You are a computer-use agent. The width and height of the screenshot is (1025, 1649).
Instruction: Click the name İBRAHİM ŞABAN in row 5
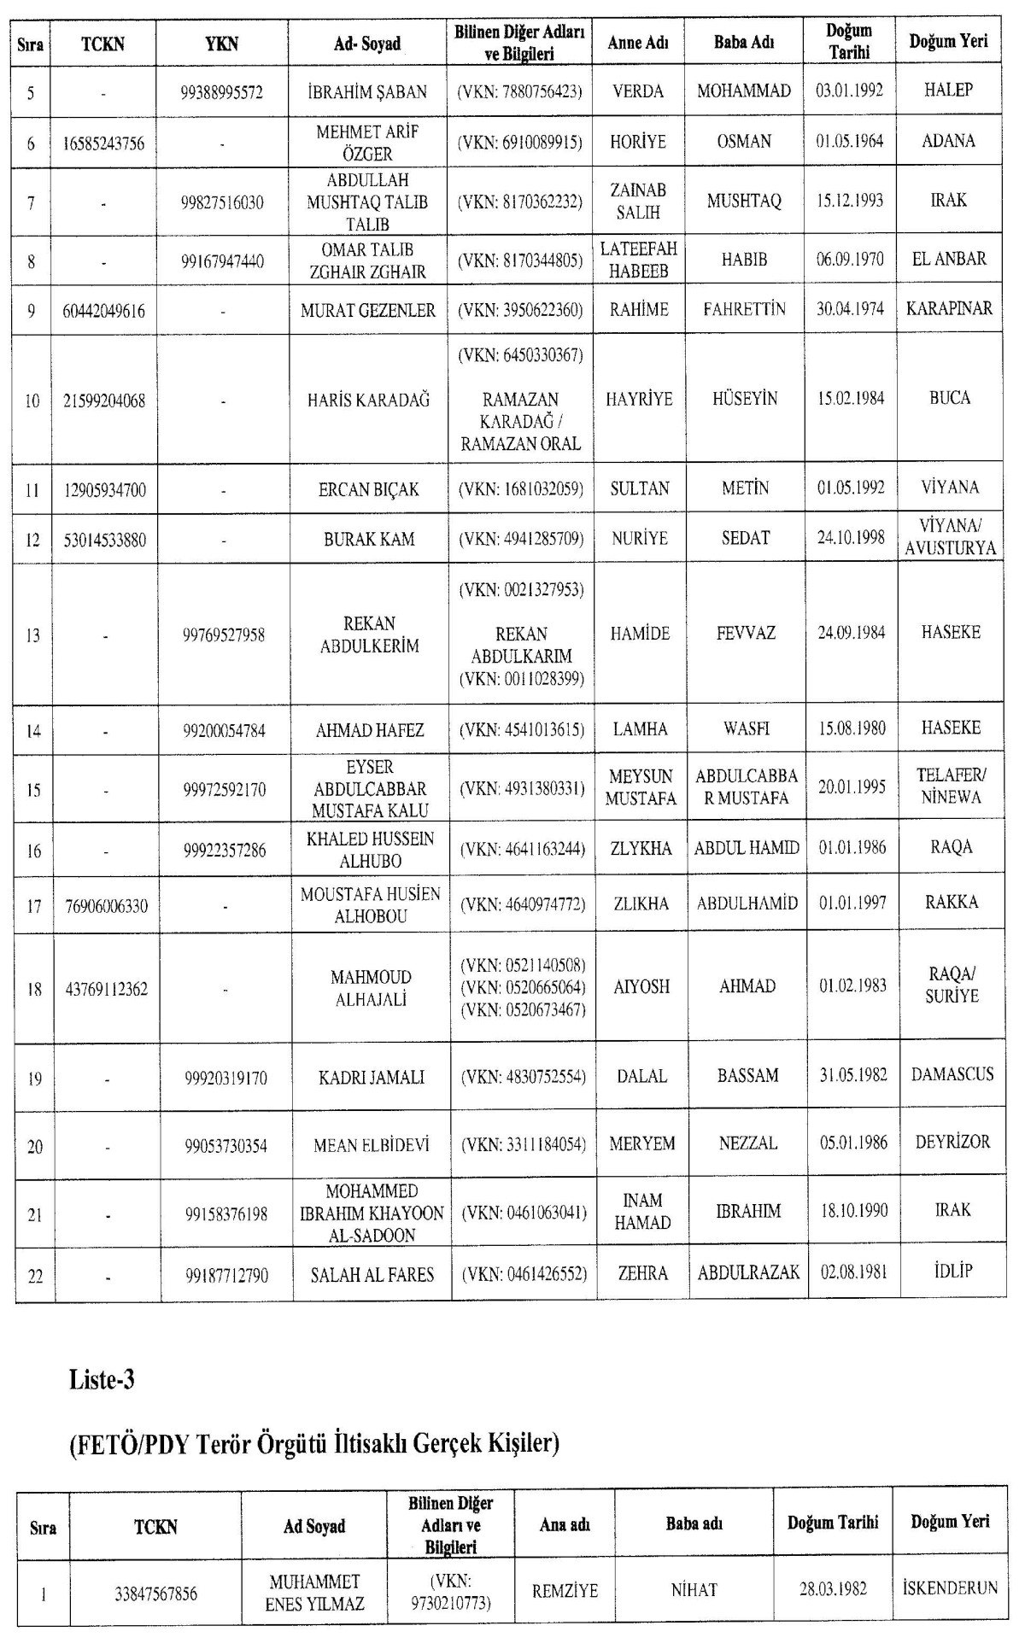[x=367, y=91]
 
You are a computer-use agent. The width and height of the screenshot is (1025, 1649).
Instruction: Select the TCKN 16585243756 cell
[x=103, y=143]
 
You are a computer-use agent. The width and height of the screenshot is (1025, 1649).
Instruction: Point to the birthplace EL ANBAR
[x=949, y=259]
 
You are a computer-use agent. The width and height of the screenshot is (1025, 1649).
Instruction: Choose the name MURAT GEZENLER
[x=368, y=311]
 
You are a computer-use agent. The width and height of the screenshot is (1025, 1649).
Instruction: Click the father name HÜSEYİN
[x=745, y=399]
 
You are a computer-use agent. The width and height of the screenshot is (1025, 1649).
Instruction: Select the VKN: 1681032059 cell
[x=520, y=489]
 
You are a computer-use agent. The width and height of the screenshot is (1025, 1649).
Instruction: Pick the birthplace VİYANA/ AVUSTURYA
[x=950, y=537]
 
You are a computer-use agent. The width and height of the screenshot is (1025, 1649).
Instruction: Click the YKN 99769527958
[x=224, y=634]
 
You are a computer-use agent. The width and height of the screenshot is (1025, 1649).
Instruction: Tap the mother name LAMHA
[x=640, y=729]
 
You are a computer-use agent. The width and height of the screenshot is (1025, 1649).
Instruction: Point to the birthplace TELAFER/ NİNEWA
[x=951, y=786]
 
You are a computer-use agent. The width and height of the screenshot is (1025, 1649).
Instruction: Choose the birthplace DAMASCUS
[x=952, y=1074]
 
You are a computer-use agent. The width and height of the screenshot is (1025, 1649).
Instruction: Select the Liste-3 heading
[x=102, y=1380]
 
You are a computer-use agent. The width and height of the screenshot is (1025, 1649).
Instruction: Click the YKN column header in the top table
[x=222, y=44]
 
